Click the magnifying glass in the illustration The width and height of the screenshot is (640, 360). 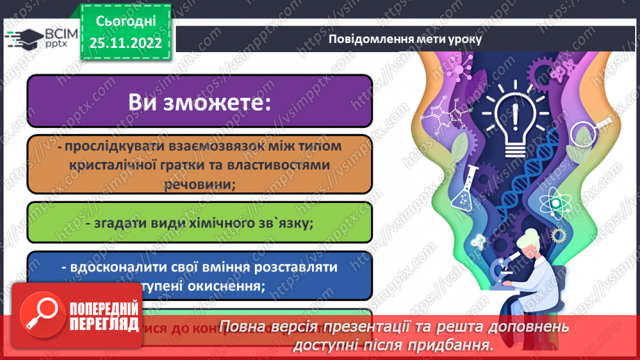(595, 130)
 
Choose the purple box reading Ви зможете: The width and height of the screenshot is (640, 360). (199, 101)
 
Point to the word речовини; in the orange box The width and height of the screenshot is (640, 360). (200, 186)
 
